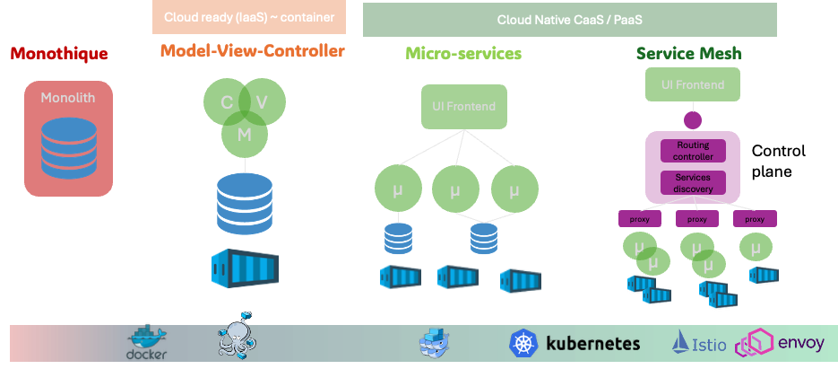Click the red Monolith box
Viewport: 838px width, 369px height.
pos(68,139)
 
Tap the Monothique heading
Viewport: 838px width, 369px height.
pos(59,54)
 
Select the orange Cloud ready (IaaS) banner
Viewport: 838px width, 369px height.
pos(249,17)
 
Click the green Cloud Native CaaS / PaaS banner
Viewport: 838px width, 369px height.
pos(569,19)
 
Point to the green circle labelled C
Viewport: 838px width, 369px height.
pos(226,102)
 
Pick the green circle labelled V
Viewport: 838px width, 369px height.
pos(262,102)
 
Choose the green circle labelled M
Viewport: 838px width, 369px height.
pos(244,134)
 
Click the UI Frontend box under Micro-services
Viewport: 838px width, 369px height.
pos(464,106)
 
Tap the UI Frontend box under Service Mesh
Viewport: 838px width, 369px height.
pos(692,84)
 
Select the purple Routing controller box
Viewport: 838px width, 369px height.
pos(693,166)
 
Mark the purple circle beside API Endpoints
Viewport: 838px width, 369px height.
pos(693,119)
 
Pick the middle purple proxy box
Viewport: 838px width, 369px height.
pos(696,218)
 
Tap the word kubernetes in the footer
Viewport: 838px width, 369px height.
pos(592,343)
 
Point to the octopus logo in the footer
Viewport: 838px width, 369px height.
pos(237,340)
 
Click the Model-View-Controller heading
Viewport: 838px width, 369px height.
pos(252,51)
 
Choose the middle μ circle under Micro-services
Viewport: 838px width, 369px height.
pos(455,189)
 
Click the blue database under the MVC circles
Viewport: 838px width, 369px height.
pos(244,203)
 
